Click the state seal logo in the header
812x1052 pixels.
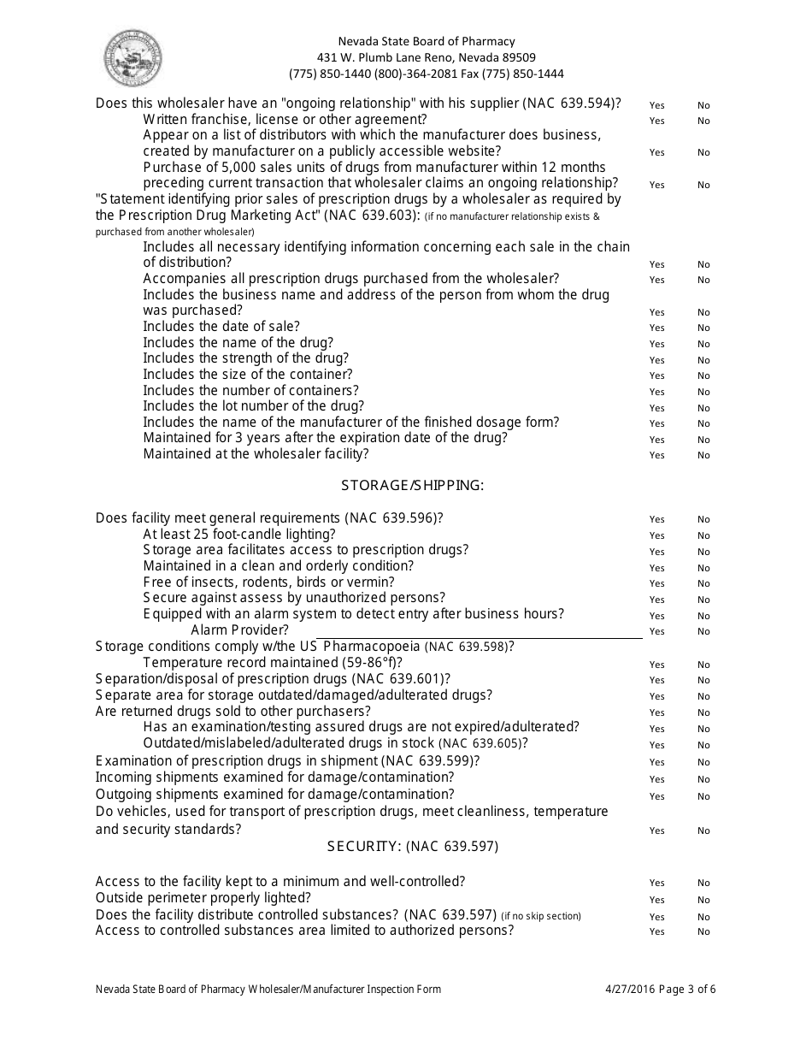pyautogui.click(x=134, y=57)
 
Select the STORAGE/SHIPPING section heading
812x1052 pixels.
pyautogui.click(x=412, y=486)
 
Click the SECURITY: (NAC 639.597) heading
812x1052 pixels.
pyautogui.click(x=412, y=847)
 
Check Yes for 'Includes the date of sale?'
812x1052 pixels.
pyautogui.click(x=656, y=328)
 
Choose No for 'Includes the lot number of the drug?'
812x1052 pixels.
pyautogui.click(x=703, y=408)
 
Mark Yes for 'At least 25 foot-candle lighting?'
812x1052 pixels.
pyautogui.click(x=656, y=536)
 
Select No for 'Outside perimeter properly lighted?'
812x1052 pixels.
pyautogui.click(x=703, y=900)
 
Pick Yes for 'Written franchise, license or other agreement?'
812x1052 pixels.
pyautogui.click(x=656, y=121)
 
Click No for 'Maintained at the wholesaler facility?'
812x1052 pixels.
pyautogui.click(x=703, y=456)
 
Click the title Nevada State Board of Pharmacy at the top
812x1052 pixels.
pyautogui.click(x=426, y=41)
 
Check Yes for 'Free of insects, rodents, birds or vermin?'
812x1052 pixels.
pyautogui.click(x=656, y=584)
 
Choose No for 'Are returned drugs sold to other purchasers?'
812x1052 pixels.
pyautogui.click(x=703, y=713)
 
